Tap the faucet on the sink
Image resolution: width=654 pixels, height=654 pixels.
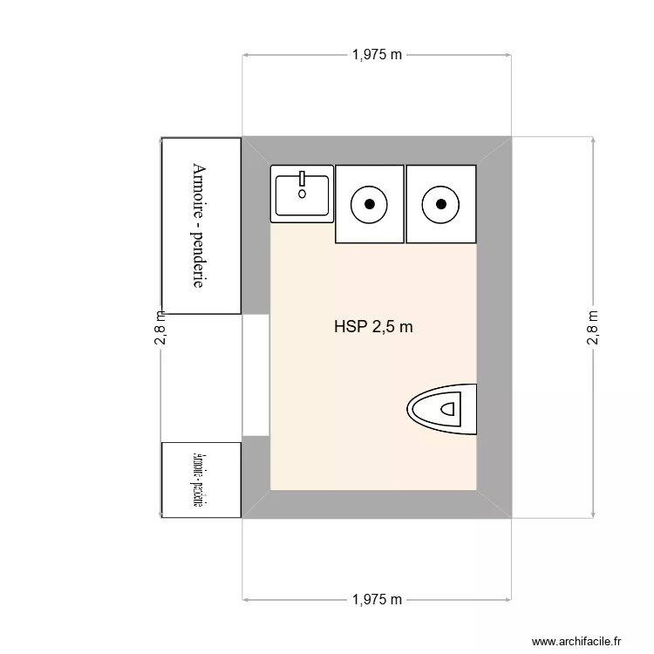[302, 180]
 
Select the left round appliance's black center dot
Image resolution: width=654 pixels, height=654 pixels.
[370, 204]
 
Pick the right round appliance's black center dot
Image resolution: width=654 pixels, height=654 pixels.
[441, 204]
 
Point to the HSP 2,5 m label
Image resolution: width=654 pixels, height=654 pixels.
[373, 328]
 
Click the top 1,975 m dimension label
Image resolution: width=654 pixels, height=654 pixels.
[378, 55]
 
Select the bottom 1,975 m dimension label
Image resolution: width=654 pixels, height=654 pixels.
[378, 600]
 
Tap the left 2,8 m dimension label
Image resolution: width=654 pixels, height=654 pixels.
[160, 328]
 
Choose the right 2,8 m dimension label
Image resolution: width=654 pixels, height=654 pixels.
[593, 328]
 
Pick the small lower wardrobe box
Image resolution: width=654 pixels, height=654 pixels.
[201, 480]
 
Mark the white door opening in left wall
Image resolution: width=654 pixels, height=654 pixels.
[255, 375]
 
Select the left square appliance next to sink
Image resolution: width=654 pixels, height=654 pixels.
[370, 204]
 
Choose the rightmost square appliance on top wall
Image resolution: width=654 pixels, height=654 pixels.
[441, 204]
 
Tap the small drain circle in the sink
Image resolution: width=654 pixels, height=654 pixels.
[302, 194]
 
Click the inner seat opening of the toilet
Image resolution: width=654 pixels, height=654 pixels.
[449, 407]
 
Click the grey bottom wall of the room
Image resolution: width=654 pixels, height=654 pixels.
[375, 504]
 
